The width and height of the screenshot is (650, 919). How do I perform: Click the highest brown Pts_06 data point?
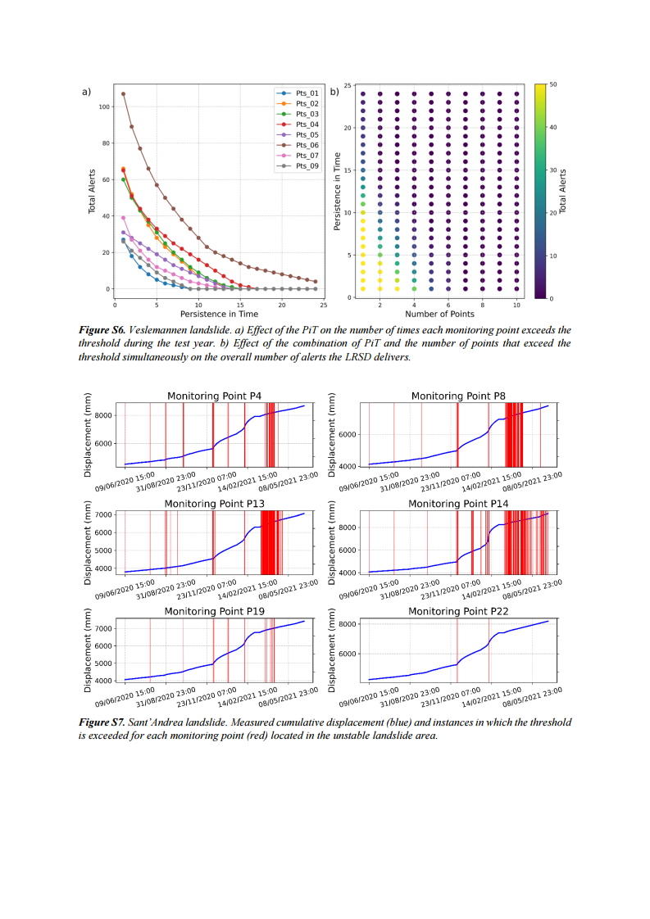(124, 93)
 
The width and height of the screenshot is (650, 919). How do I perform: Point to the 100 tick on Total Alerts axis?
(104, 107)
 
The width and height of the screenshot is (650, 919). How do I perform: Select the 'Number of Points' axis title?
(439, 314)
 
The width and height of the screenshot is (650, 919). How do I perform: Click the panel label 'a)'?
(86, 92)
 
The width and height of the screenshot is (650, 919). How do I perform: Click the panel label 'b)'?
(334, 92)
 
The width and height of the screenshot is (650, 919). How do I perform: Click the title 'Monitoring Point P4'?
(214, 396)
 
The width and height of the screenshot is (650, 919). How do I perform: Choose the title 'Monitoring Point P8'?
(458, 396)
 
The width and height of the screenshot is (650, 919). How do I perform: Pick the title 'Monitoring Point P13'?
(214, 503)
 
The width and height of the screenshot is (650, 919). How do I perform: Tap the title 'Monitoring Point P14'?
(458, 503)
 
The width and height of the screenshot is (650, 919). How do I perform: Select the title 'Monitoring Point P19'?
(214, 611)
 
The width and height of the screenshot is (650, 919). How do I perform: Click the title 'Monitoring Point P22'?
(458, 611)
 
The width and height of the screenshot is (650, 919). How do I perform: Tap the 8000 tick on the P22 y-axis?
(349, 624)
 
